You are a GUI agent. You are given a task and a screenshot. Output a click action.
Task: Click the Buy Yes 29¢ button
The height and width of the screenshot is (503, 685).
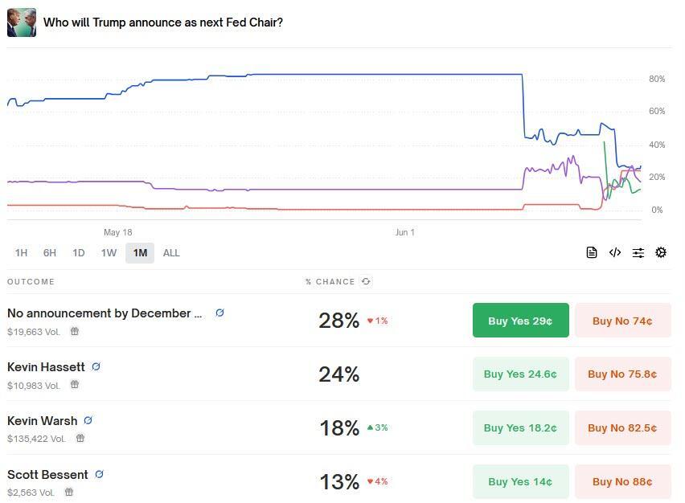click(520, 321)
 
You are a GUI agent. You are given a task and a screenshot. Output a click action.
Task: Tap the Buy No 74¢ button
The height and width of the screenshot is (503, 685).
click(622, 321)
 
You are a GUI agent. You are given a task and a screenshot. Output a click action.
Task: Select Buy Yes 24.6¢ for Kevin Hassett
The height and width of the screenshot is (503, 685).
click(520, 374)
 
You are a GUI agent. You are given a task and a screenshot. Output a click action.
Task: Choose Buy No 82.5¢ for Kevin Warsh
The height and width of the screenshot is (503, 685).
click(622, 428)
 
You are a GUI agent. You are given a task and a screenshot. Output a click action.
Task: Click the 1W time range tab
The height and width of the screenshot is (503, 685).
click(109, 253)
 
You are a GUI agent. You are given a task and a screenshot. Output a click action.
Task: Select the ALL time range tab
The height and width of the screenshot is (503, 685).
click(171, 253)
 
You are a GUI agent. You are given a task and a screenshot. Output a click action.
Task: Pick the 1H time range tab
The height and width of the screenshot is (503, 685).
click(21, 253)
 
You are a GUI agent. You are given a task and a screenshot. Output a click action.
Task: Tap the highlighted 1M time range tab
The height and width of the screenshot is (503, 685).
click(140, 253)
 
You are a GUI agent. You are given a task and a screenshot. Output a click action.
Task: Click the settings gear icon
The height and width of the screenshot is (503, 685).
click(661, 252)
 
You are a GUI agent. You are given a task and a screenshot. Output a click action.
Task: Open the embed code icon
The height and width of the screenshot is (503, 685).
click(615, 252)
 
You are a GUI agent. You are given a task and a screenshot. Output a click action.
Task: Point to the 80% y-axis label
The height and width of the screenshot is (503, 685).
click(657, 79)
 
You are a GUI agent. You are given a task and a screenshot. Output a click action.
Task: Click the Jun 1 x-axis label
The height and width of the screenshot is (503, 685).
click(405, 232)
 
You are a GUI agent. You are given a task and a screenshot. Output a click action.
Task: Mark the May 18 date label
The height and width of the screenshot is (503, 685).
click(117, 232)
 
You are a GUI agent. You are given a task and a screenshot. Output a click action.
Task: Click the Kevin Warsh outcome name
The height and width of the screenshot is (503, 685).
click(43, 420)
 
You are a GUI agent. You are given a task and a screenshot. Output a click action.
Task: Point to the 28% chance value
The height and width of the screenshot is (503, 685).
click(338, 321)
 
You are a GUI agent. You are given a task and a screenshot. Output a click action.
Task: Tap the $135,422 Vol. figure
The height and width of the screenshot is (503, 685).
click(36, 439)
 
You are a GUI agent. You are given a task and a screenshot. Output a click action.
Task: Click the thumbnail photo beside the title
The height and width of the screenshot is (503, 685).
click(22, 22)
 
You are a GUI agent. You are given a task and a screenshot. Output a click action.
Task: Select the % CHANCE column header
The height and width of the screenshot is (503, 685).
click(330, 282)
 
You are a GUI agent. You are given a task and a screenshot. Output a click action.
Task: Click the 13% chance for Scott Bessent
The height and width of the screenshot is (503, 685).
click(338, 482)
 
